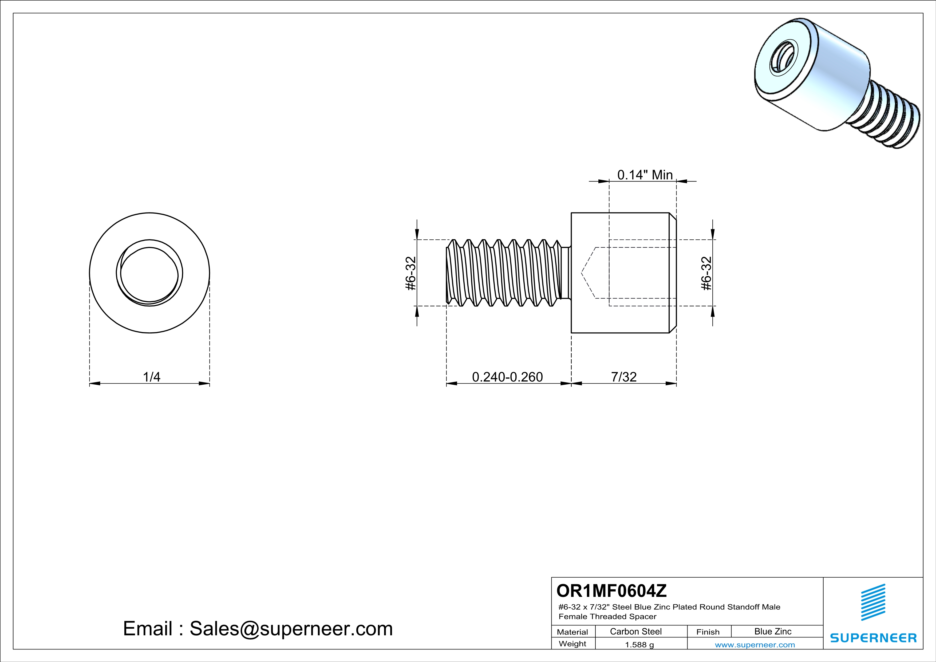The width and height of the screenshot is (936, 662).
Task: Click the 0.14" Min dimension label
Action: [x=645, y=175]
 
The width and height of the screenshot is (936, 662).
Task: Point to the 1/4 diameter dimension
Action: [x=151, y=377]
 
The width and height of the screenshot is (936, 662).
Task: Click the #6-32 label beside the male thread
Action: [x=410, y=273]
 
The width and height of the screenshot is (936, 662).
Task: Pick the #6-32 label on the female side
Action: [x=706, y=273]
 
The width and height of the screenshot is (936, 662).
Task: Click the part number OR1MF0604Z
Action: [x=611, y=590]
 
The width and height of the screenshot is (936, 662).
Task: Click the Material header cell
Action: [x=572, y=632]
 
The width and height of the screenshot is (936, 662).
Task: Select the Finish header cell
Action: [x=708, y=632]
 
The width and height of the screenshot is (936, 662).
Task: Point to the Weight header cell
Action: [x=572, y=644]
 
